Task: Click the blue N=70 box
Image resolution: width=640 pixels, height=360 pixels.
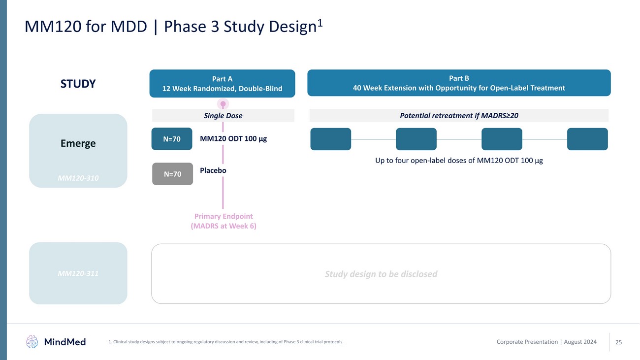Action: click(x=172, y=139)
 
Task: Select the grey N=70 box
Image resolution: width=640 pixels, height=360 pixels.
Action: click(x=172, y=174)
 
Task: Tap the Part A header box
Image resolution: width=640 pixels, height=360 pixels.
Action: click(x=222, y=83)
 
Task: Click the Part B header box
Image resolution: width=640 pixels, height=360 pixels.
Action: click(x=459, y=83)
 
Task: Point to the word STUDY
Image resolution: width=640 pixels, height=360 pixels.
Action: click(x=78, y=84)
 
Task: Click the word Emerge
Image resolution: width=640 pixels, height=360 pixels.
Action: click(x=78, y=143)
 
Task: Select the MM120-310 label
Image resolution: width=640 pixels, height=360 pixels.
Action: click(x=78, y=178)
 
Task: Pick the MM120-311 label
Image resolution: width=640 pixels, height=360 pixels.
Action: click(x=78, y=273)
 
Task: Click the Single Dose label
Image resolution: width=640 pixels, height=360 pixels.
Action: click(x=223, y=116)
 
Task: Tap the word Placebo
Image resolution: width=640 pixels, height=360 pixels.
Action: click(x=213, y=170)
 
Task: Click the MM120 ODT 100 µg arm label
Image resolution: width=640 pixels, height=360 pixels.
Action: click(x=233, y=139)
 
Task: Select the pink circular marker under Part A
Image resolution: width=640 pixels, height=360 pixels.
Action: click(x=223, y=104)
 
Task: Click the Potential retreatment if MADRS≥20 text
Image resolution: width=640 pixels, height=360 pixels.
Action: click(x=459, y=116)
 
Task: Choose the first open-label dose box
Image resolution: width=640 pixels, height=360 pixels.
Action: click(x=331, y=139)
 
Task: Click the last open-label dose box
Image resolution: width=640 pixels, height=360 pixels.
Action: click(x=587, y=139)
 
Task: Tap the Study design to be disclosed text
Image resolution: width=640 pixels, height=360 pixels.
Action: click(x=381, y=274)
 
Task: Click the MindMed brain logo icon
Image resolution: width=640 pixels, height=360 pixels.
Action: click(x=32, y=341)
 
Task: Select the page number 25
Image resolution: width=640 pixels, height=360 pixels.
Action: click(x=619, y=342)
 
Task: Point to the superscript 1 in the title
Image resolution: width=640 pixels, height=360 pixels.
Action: click(x=320, y=23)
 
